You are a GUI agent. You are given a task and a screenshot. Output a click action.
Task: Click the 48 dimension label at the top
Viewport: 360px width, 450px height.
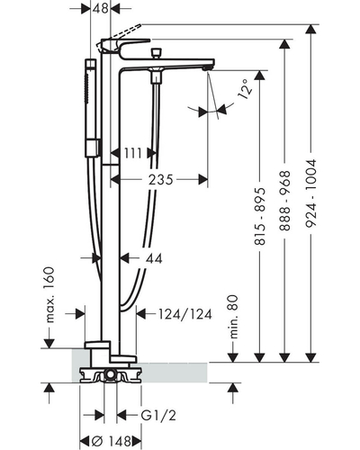pyautogui.click(x=100, y=8)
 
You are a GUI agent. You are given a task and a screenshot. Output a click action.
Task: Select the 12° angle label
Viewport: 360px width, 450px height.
pyautogui.click(x=244, y=89)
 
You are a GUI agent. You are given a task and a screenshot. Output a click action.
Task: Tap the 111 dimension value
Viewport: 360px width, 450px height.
pyautogui.click(x=133, y=153)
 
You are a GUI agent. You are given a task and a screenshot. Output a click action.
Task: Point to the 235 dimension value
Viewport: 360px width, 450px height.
pyautogui.click(x=161, y=180)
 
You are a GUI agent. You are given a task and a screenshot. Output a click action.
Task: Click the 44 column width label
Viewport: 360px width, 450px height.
pyautogui.click(x=154, y=258)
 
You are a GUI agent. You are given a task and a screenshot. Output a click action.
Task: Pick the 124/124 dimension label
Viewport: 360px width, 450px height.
pyautogui.click(x=185, y=314)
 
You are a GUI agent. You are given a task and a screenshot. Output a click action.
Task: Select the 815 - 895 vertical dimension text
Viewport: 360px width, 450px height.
pyautogui.click(x=260, y=217)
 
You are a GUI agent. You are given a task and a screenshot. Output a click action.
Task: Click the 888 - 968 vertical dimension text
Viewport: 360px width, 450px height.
pyautogui.click(x=284, y=201)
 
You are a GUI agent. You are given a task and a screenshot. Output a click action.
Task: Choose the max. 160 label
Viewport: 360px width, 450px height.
pyautogui.click(x=49, y=294)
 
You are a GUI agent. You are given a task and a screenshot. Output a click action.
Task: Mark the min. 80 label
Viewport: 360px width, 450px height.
pyautogui.click(x=233, y=317)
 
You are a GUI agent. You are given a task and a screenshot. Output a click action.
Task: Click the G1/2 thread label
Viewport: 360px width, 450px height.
pyautogui.click(x=158, y=416)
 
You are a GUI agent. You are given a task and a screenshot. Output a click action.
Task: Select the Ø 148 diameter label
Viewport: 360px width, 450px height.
pyautogui.click(x=111, y=441)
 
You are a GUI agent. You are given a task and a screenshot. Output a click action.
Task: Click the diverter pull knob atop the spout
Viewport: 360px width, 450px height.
pyautogui.click(x=156, y=53)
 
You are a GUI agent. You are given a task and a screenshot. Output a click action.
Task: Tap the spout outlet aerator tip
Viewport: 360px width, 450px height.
pyautogui.click(x=206, y=68)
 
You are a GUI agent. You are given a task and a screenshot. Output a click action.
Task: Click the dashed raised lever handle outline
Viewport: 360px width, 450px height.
pyautogui.click(x=119, y=37)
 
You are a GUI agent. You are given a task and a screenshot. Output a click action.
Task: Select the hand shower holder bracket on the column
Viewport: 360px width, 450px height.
pyautogui.click(x=93, y=148)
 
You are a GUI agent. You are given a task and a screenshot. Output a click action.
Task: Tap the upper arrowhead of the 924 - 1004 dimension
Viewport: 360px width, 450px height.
pyautogui.click(x=311, y=30)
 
